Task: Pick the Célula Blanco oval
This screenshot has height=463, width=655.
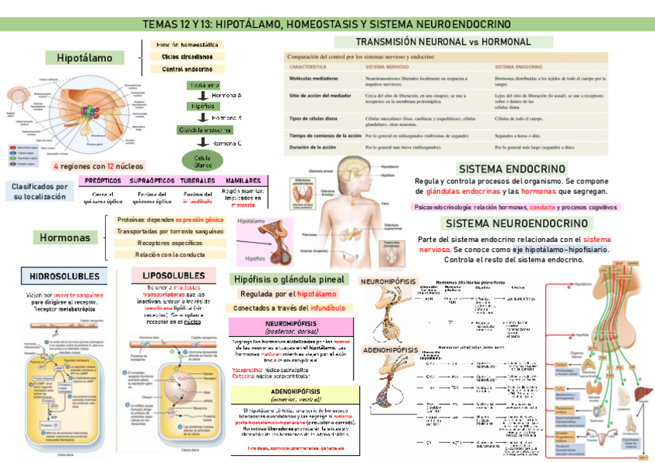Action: [x=202, y=161]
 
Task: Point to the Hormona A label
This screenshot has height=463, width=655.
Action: [x=226, y=94]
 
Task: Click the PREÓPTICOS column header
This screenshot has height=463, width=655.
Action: [x=103, y=180]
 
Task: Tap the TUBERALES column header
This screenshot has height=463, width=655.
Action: [x=198, y=180]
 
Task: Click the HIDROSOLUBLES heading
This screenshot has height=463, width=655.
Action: [x=64, y=276]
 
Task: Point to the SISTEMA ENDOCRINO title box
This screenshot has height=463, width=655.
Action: [x=512, y=169]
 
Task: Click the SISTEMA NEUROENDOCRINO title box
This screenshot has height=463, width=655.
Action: [x=513, y=223]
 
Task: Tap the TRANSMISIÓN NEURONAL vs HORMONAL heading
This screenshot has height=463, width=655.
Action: [x=443, y=42]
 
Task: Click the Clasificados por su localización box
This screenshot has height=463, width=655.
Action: [x=39, y=192]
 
